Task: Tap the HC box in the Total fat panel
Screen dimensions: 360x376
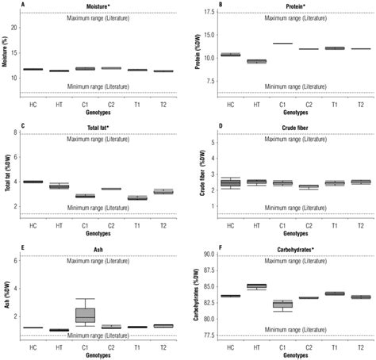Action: coord(33,182)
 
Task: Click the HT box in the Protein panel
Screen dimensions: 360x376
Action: coord(257,61)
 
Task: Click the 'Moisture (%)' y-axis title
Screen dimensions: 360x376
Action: coord(6,54)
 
